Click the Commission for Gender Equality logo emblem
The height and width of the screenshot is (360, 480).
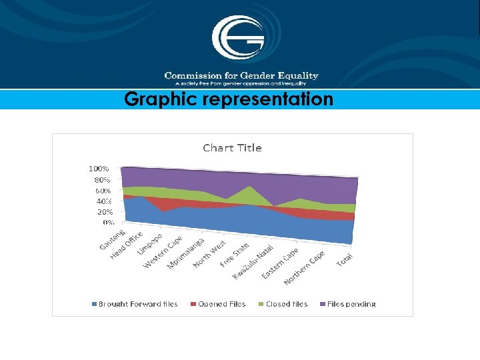(238, 38)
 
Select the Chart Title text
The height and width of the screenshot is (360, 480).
(232, 148)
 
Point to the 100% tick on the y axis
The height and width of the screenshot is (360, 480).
(99, 169)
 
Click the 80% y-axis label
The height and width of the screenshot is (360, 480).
(102, 180)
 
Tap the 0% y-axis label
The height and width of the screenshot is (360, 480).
(107, 222)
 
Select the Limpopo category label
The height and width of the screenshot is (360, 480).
(150, 244)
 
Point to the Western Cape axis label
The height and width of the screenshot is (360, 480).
(163, 252)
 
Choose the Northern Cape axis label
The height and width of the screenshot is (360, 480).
(303, 267)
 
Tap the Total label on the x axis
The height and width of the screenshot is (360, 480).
(345, 261)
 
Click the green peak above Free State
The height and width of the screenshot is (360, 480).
(249, 189)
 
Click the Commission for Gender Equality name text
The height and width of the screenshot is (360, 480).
(241, 76)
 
